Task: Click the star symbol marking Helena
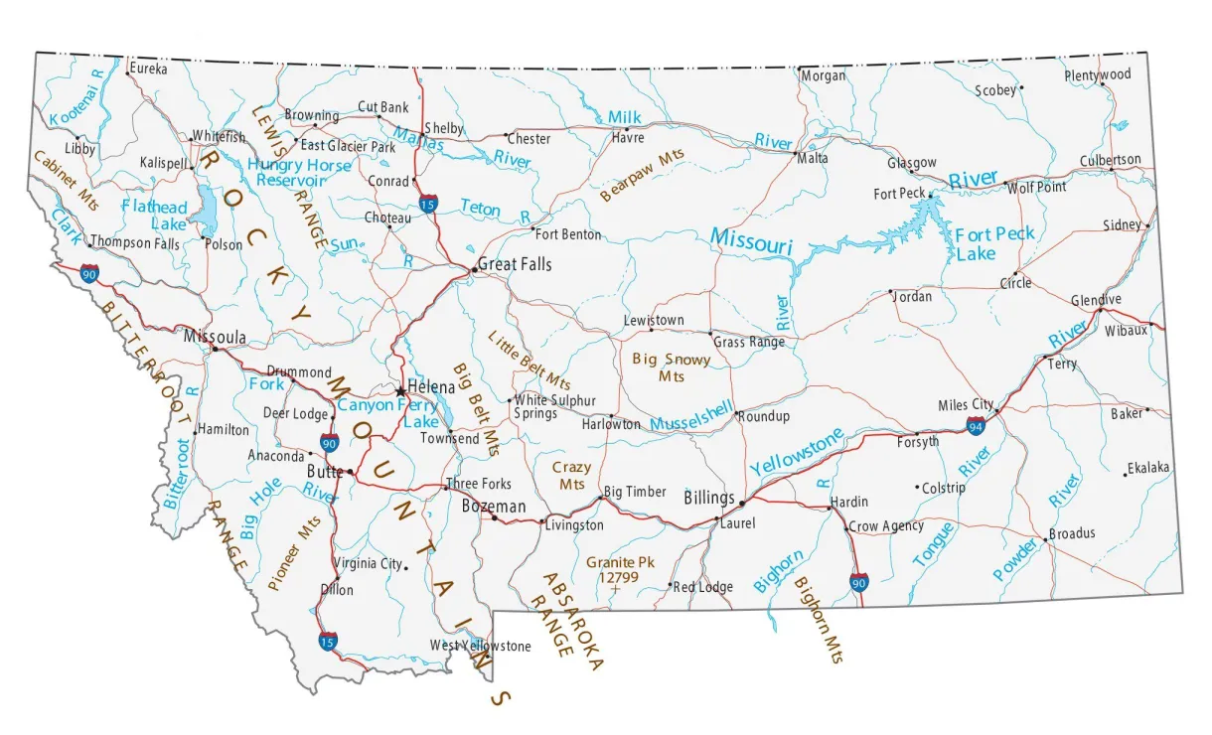pyautogui.click(x=400, y=390)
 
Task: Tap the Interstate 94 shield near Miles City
pyautogui.click(x=977, y=426)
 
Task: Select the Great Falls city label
pyautogui.click(x=514, y=265)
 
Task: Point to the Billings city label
pyautogui.click(x=709, y=498)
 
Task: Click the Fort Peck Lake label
pyautogui.click(x=993, y=243)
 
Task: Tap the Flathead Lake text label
pyautogui.click(x=154, y=216)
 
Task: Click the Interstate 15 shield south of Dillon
pyautogui.click(x=327, y=643)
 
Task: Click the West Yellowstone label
pyautogui.click(x=480, y=646)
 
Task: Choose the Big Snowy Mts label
pyautogui.click(x=672, y=367)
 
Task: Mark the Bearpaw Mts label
pyautogui.click(x=642, y=175)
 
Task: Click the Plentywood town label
pyautogui.click(x=1098, y=74)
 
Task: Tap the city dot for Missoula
pyautogui.click(x=214, y=350)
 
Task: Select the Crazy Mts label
pyautogui.click(x=571, y=475)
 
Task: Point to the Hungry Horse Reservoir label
pyautogui.click(x=299, y=173)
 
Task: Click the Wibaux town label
pyautogui.click(x=1126, y=331)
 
